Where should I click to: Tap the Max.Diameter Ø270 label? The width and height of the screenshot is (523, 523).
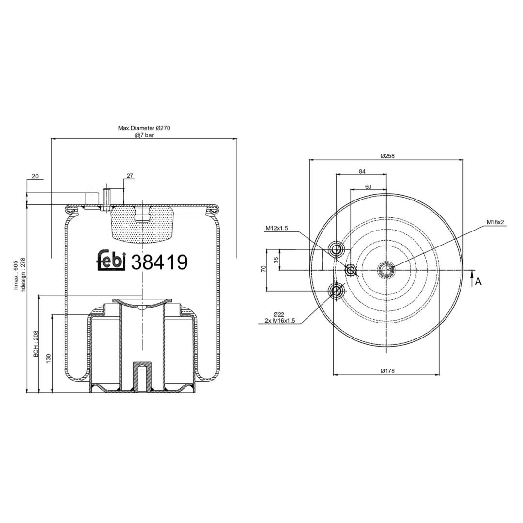[144, 128]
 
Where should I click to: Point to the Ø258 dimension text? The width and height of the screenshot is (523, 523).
[387, 156]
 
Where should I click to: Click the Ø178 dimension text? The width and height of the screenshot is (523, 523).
[387, 370]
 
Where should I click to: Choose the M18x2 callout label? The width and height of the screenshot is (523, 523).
[495, 222]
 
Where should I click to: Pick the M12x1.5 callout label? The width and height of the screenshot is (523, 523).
[277, 228]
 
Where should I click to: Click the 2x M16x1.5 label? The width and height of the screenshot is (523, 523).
[280, 320]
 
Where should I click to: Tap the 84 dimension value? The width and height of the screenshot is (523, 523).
[362, 171]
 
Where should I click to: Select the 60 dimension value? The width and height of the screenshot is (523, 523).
[368, 187]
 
